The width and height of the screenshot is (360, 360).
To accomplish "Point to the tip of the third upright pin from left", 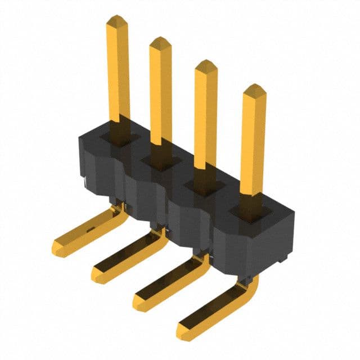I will [206, 66].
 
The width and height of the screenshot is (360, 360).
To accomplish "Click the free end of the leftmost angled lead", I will [58, 246].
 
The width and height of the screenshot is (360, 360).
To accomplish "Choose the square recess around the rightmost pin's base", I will [251, 210].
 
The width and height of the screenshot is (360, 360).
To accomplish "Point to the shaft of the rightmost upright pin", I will [253, 146].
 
